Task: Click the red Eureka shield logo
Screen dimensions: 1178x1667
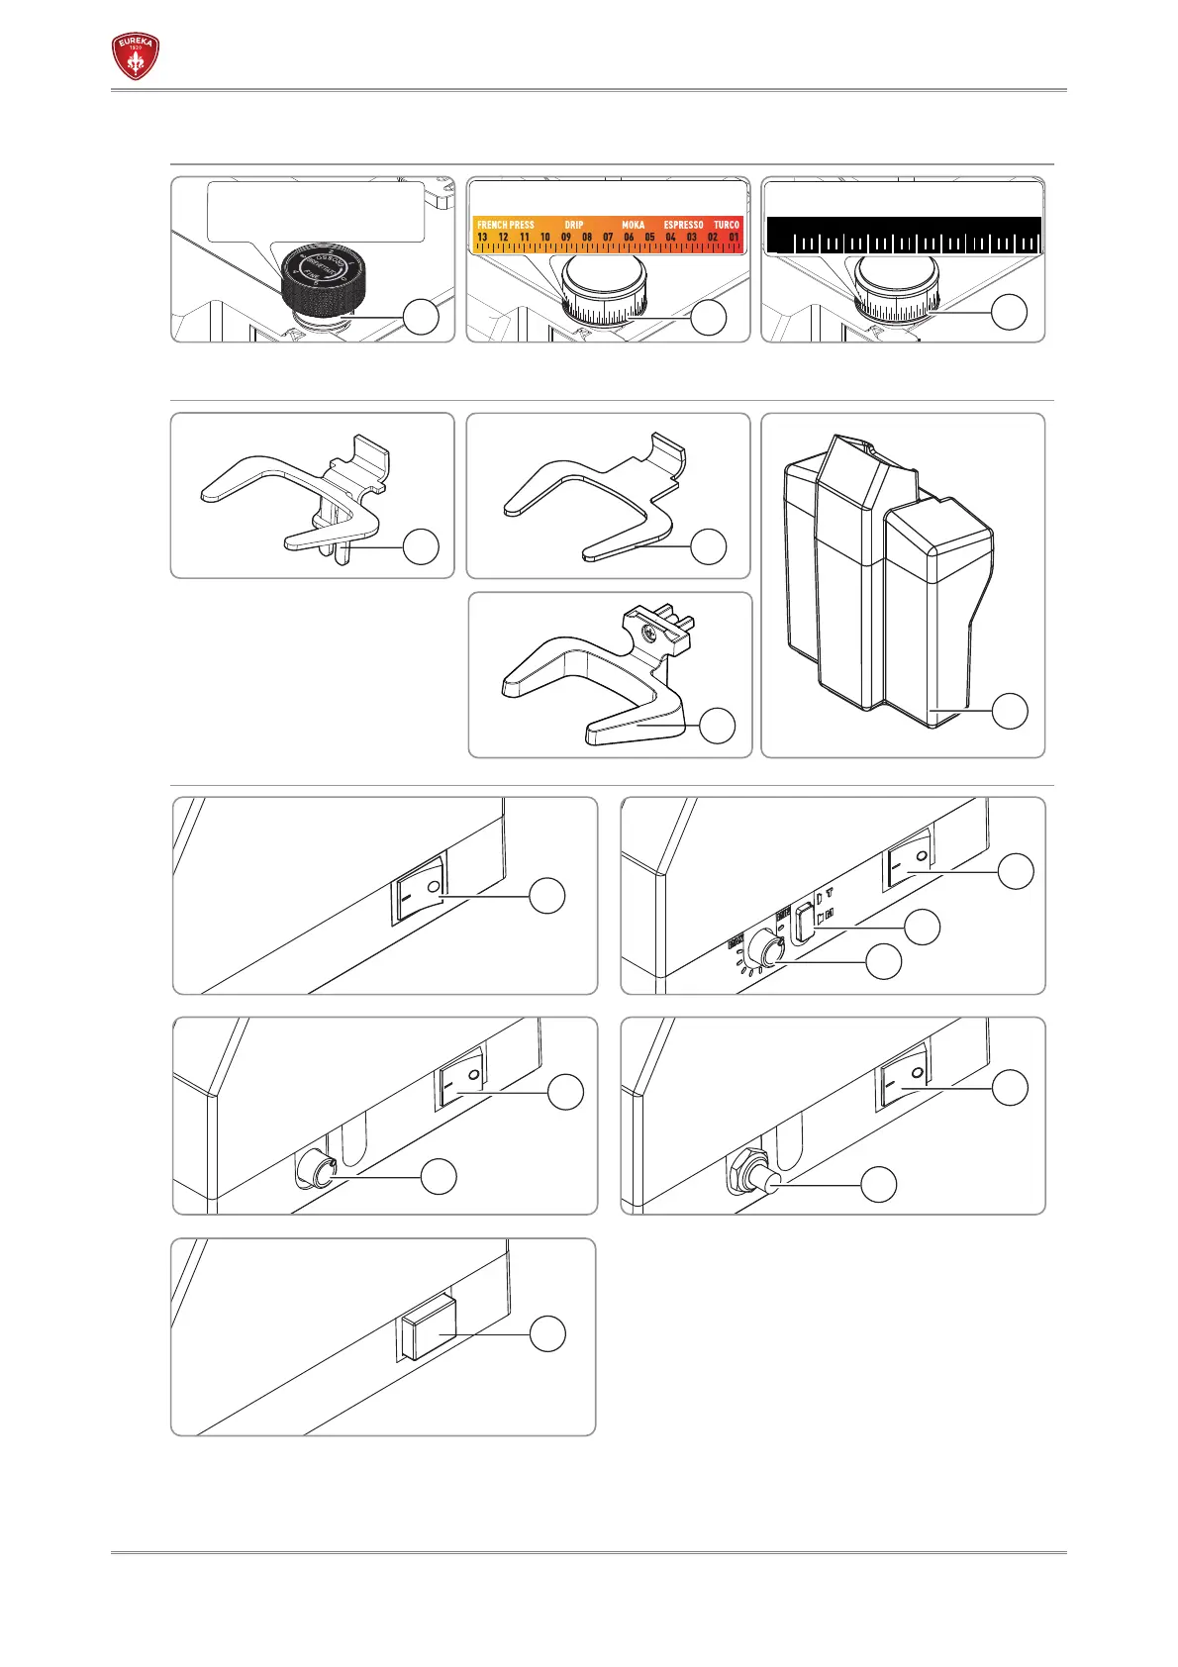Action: (135, 57)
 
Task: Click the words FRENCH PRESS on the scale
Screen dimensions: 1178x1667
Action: (505, 225)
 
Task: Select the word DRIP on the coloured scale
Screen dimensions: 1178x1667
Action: (574, 225)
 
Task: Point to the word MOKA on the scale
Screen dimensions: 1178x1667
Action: (633, 225)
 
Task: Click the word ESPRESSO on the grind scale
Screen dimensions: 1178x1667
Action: (683, 225)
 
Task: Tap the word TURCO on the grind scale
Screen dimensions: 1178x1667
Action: (727, 225)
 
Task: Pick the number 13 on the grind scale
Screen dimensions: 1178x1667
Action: (482, 238)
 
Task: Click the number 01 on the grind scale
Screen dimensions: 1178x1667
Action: (734, 238)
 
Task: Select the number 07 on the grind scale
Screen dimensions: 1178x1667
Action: (608, 238)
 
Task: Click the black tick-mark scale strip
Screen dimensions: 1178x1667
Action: (904, 235)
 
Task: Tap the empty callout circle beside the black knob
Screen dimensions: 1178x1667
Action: (421, 318)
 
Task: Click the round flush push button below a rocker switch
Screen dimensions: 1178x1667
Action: (316, 1168)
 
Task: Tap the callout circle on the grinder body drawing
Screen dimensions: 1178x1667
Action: (1009, 712)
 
